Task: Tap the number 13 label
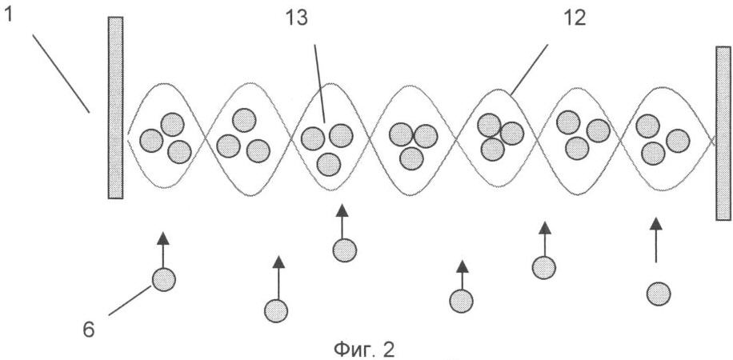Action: tap(296, 20)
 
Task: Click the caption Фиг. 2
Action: tap(364, 350)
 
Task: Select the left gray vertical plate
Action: tap(115, 107)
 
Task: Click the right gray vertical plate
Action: tap(723, 134)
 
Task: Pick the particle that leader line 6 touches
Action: tap(163, 280)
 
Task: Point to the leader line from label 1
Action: tap(61, 73)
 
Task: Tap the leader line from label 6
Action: tap(130, 301)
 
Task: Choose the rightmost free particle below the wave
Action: tap(659, 294)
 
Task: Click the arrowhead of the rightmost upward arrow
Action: tap(656, 223)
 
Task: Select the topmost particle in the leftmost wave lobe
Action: tap(173, 124)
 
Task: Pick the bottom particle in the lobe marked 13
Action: tap(329, 164)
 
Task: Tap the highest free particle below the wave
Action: tap(345, 250)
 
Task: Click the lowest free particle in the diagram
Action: tap(276, 310)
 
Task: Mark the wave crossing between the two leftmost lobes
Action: tap(205, 137)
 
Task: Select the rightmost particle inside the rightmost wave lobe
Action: tap(678, 141)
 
